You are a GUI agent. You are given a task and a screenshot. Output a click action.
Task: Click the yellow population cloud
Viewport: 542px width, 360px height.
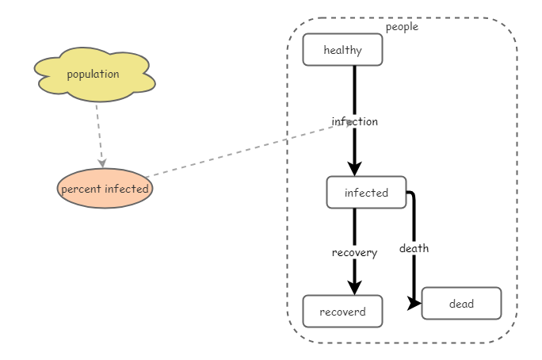click(x=94, y=75)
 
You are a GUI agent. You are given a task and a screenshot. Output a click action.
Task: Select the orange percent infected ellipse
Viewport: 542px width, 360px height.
click(x=105, y=189)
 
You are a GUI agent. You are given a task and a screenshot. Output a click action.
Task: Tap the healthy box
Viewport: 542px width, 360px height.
click(x=342, y=50)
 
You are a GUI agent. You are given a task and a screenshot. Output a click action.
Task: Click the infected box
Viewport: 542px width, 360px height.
click(x=366, y=193)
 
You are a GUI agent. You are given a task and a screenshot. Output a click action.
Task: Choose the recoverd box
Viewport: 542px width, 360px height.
click(x=342, y=312)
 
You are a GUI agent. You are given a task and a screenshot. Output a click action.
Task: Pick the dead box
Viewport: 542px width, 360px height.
click(x=461, y=304)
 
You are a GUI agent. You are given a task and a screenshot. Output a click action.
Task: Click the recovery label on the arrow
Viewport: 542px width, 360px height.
click(x=354, y=252)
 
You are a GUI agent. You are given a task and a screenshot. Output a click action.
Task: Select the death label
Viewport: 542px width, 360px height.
click(x=414, y=248)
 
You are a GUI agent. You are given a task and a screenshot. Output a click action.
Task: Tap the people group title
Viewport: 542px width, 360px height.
click(x=402, y=27)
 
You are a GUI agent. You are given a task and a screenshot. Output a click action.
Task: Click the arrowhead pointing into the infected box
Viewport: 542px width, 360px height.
click(x=354, y=168)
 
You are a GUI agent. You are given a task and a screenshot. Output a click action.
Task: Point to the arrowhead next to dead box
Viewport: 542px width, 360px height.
click(x=414, y=304)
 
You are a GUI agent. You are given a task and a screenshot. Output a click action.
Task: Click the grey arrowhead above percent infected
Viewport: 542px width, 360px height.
click(x=102, y=163)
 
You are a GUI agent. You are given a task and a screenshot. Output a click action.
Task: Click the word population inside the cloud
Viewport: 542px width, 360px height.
click(x=93, y=75)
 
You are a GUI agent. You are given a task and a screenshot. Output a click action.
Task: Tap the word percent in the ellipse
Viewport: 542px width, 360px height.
click(x=79, y=189)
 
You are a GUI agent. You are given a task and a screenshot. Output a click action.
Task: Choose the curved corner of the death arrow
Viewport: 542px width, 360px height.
click(x=412, y=194)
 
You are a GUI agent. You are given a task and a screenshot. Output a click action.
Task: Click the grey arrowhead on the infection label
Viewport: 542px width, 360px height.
click(x=349, y=123)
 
